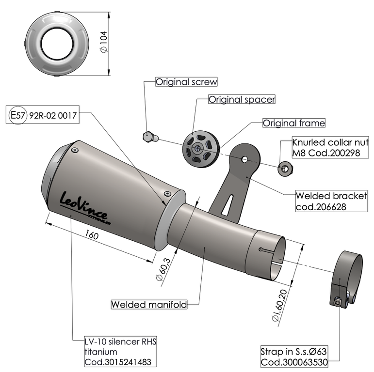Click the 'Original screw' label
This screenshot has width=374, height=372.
point(186,82)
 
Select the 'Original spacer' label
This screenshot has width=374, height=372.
point(242,99)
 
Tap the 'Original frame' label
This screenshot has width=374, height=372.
point(293,123)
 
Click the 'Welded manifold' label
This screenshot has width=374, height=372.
point(149,305)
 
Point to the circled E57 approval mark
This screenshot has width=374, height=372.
point(18,116)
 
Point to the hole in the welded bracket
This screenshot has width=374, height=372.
point(244,158)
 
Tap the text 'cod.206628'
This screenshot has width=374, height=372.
point(324,207)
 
